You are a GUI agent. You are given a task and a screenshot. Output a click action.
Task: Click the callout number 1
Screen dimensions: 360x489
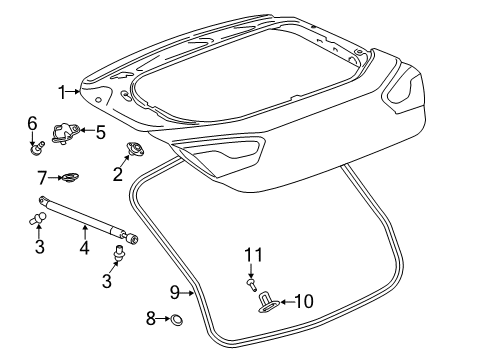tap(62, 93)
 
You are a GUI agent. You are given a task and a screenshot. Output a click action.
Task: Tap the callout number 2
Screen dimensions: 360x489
tap(118, 174)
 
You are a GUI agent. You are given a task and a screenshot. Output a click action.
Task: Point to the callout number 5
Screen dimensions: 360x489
tap(100, 130)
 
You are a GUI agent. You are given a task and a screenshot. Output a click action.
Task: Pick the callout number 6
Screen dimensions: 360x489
tap(32, 123)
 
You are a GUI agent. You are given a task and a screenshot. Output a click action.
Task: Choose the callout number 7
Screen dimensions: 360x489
tap(43, 179)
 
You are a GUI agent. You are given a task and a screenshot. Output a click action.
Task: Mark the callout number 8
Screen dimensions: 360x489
tap(152, 319)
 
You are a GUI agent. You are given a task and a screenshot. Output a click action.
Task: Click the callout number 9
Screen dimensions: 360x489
tap(173, 292)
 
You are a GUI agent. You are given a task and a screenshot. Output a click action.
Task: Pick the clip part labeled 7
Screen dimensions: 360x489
tap(69, 180)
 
